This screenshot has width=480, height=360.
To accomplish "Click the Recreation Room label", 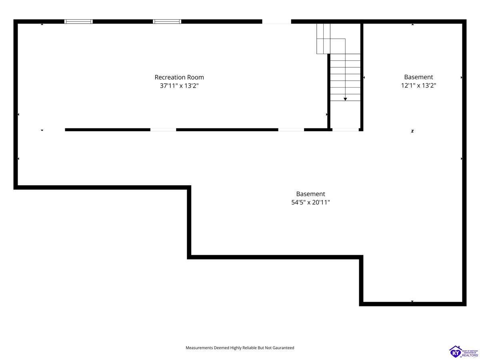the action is click(179, 77).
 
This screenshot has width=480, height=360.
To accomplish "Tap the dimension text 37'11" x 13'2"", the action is click(179, 86).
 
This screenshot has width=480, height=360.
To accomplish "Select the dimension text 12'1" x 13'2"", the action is click(418, 86).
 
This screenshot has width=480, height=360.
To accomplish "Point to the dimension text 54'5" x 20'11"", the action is click(310, 202).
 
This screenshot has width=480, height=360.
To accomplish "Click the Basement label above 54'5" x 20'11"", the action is click(310, 194).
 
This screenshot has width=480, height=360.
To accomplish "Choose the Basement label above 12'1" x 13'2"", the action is click(418, 77).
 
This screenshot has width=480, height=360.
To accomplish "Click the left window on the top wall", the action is click(78, 22).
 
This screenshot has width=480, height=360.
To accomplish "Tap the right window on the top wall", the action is click(167, 22).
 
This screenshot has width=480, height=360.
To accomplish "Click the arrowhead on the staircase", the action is click(345, 99).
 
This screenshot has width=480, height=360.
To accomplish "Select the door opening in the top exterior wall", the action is click(277, 22).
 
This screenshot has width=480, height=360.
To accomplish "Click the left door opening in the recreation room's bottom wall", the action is click(163, 130).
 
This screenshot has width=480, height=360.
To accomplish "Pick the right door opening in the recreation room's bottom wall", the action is click(291, 130).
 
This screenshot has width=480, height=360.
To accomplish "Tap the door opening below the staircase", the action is click(346, 130).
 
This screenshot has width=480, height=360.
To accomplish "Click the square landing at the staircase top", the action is click(338, 46).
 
